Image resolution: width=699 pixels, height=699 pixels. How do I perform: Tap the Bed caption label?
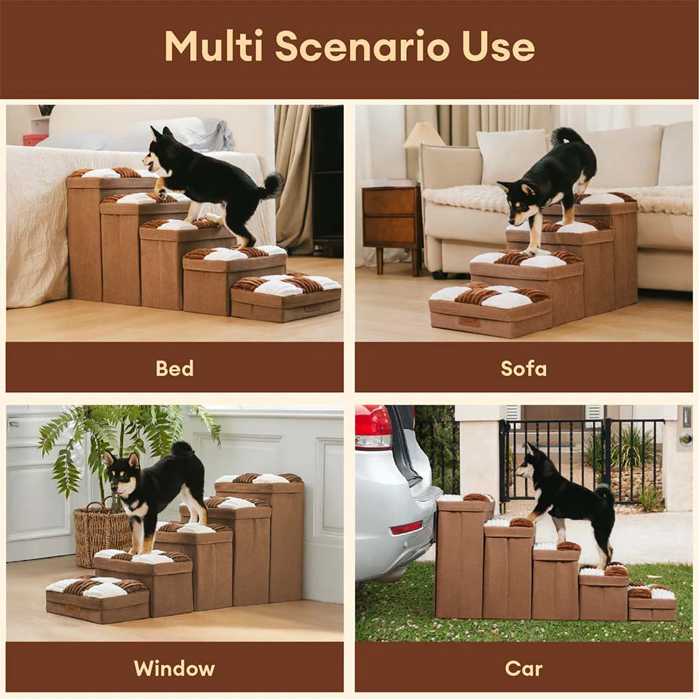pyautogui.click(x=175, y=368)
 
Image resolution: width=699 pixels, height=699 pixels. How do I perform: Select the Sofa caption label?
pyautogui.click(x=524, y=368)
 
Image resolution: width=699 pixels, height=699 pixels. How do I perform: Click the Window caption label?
pyautogui.click(x=175, y=668)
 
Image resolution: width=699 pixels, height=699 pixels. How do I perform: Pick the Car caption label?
pyautogui.click(x=524, y=668)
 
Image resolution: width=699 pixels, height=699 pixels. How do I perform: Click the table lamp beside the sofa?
pyautogui.click(x=424, y=136)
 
